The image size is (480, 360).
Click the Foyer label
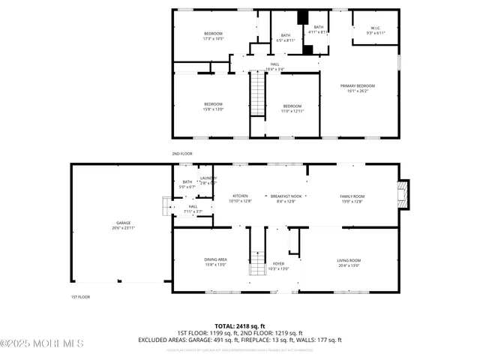click(278, 265)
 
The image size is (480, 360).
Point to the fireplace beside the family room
click(403, 194)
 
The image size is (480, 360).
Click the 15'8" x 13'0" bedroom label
click(213, 106)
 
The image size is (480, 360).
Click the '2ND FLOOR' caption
click(182, 153)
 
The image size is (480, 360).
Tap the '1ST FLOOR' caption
click(80, 297)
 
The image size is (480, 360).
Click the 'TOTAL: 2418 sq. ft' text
click(239, 325)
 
